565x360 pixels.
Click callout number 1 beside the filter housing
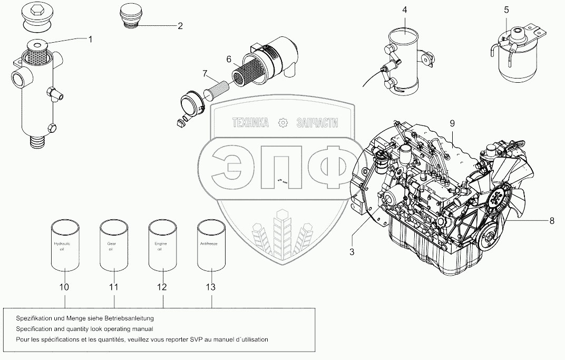pyautogui.click(x=90, y=38)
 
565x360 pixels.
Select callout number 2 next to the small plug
pyautogui.click(x=180, y=25)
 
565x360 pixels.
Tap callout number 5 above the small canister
pyautogui.click(x=506, y=9)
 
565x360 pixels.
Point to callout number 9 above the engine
pyautogui.click(x=452, y=123)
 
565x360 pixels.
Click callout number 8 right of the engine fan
pyautogui.click(x=552, y=221)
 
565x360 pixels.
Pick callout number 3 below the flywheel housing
pyautogui.click(x=351, y=252)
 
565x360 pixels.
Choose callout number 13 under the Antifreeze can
pyautogui.click(x=211, y=287)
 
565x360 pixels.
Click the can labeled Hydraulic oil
pyautogui.click(x=64, y=245)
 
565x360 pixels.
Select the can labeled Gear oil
pyautogui.click(x=114, y=245)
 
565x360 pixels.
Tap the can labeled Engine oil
pyautogui.click(x=162, y=245)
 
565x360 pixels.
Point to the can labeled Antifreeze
pyautogui.click(x=211, y=245)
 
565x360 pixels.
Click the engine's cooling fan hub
pyautogui.click(x=496, y=197)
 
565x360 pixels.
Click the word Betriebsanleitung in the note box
pyautogui.click(x=129, y=319)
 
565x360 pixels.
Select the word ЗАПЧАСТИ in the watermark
pyautogui.click(x=317, y=123)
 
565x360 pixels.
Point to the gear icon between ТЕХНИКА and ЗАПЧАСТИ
pyautogui.click(x=283, y=123)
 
